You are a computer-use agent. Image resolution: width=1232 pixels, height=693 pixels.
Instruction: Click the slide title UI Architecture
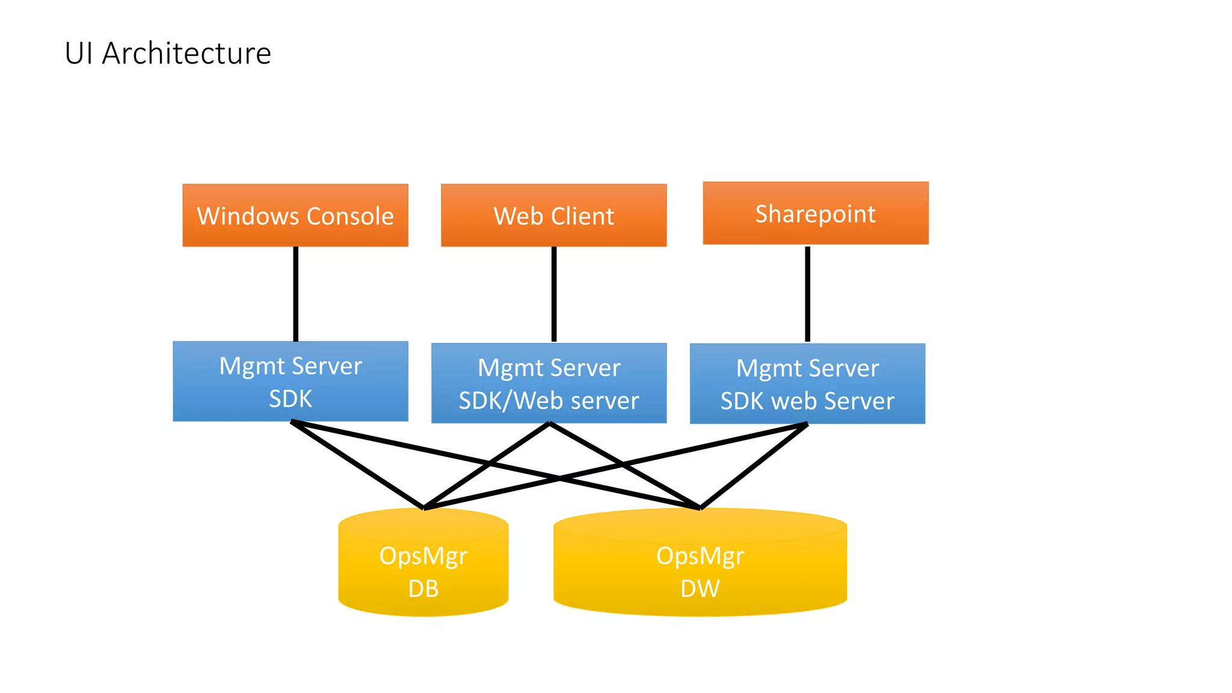168,53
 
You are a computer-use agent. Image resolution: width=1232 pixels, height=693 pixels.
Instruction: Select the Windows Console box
295,215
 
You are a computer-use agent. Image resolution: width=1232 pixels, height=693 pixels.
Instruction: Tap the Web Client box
553,215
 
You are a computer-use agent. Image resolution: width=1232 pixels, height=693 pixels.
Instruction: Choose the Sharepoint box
815,213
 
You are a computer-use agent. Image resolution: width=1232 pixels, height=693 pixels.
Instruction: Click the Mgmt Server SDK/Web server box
549,383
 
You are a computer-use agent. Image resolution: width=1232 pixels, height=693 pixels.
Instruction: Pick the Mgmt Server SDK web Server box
807,384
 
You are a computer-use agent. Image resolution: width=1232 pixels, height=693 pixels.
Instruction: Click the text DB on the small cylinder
423,588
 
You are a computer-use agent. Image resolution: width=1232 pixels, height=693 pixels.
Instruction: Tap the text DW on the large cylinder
700,588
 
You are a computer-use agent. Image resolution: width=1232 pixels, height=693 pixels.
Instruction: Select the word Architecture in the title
186,53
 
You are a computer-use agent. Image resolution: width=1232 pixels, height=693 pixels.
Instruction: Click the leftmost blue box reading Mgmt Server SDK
291,381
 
